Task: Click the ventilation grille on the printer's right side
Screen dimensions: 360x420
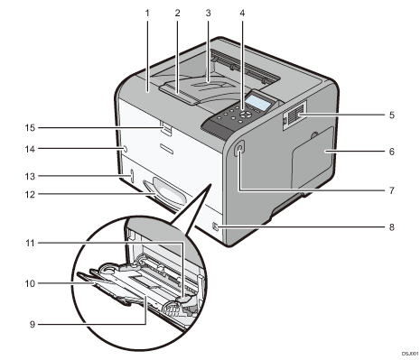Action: click(x=296, y=115)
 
